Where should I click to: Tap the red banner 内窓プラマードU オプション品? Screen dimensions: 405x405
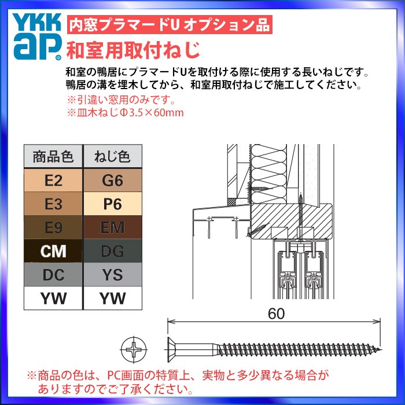coord(168,25)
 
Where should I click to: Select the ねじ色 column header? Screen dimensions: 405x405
coord(112,156)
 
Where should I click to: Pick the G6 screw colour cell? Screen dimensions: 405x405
coord(112,181)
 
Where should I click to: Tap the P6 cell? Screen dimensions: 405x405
coord(112,204)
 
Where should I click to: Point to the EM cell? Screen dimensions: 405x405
coord(112,228)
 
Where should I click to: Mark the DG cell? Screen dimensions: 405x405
coord(112,252)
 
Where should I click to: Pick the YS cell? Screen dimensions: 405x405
coord(112,275)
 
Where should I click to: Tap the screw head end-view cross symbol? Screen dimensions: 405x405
coord(134,351)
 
